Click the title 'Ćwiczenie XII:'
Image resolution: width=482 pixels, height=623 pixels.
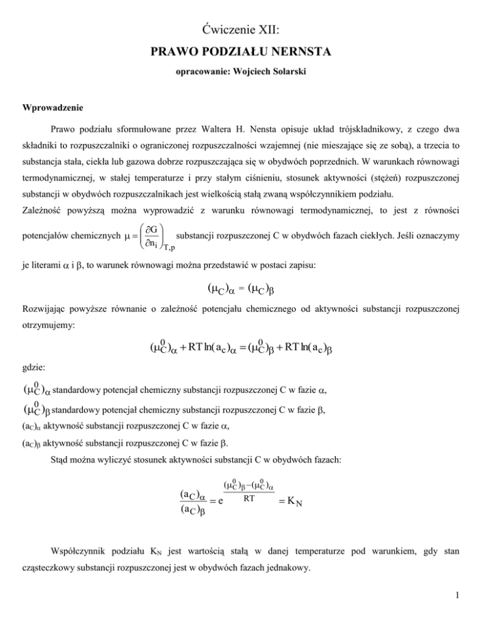240,28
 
